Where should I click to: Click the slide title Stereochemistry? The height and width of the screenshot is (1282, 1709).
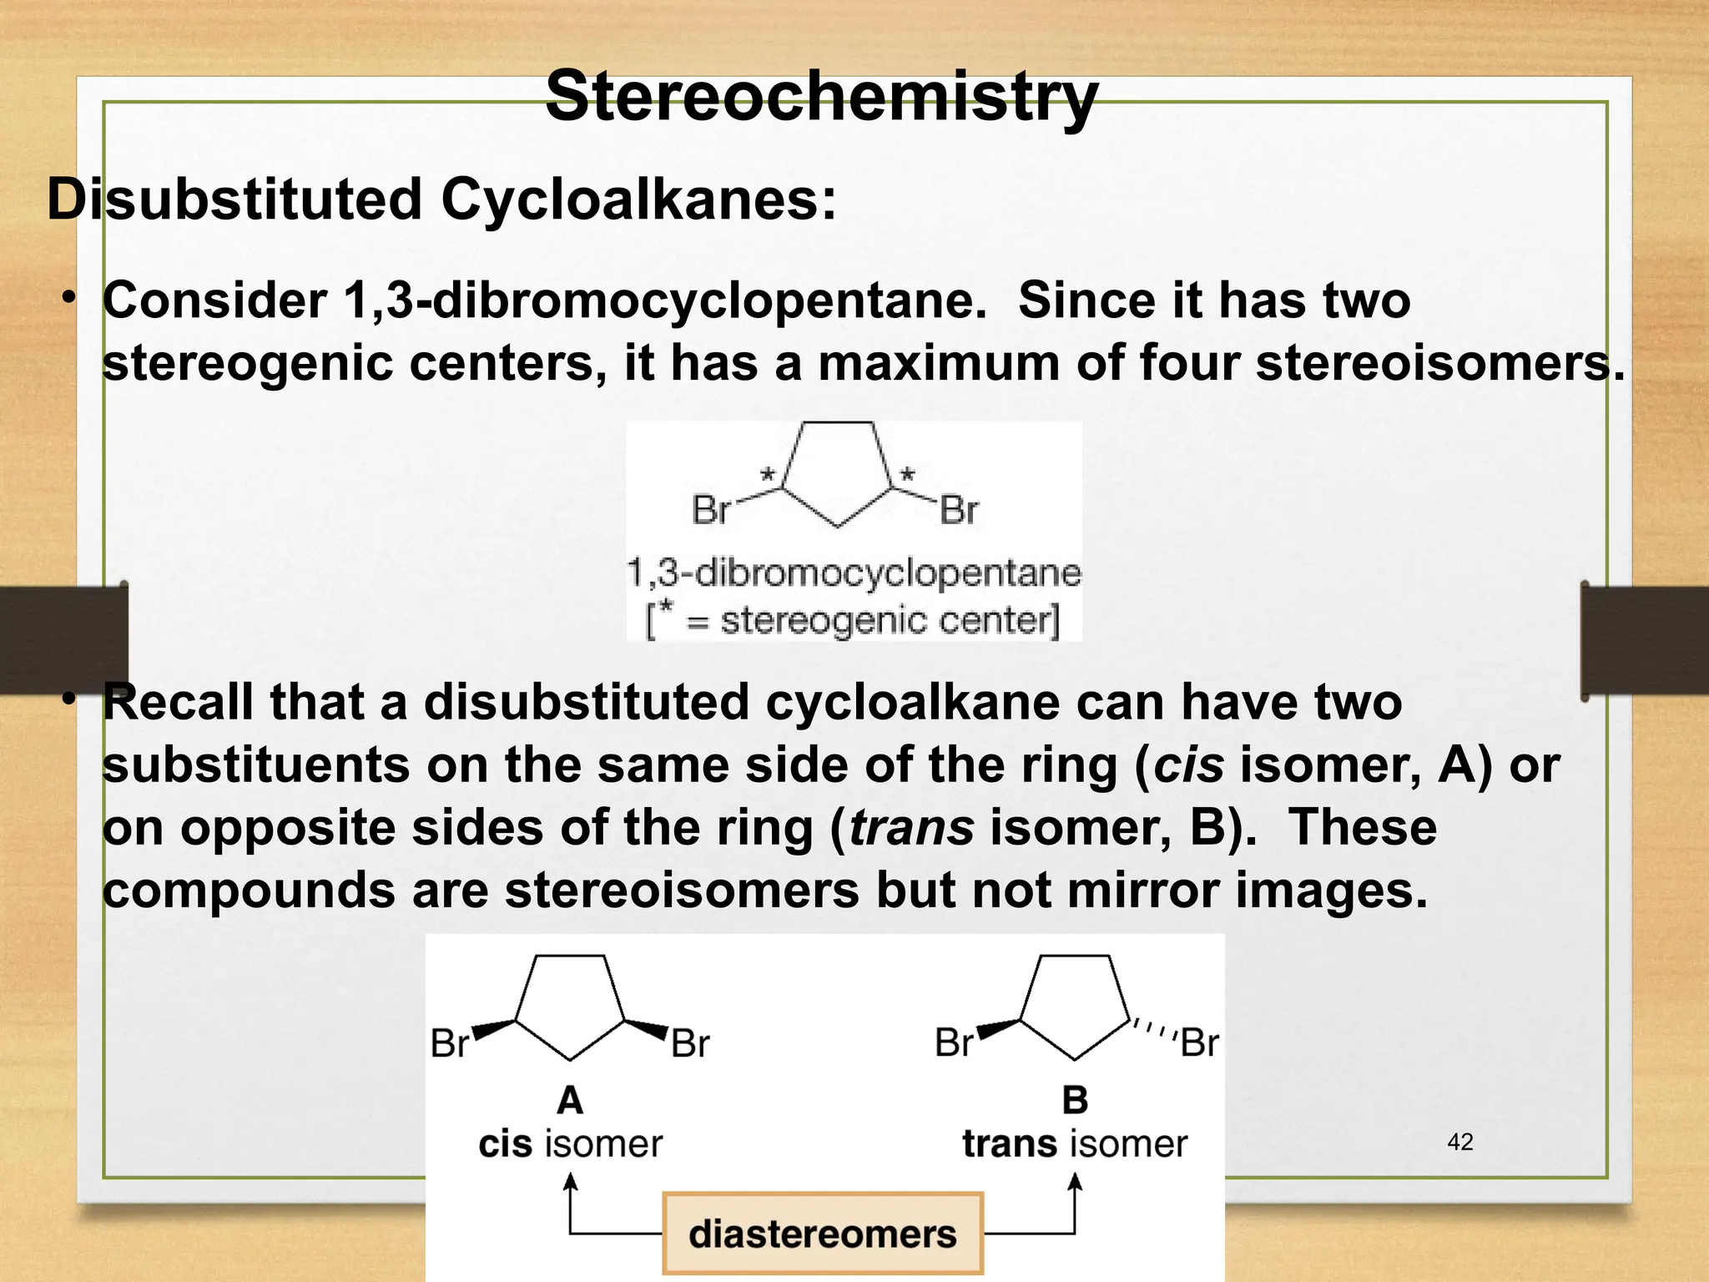[x=821, y=97]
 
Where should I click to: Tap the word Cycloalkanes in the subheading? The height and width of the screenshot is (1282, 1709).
[x=638, y=200]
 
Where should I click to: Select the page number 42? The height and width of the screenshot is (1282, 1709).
[x=1459, y=1142]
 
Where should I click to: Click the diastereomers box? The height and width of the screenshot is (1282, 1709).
[x=823, y=1234]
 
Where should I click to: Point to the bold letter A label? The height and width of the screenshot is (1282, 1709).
[x=570, y=1100]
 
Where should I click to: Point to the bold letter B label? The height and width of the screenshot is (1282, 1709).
[x=1075, y=1100]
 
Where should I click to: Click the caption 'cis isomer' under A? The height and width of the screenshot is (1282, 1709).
[x=570, y=1143]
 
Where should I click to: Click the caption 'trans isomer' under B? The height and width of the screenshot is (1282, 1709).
[x=1075, y=1143]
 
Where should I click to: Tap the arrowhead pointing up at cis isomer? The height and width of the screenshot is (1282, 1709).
[x=570, y=1182]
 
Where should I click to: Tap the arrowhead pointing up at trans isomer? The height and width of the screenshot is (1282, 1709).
[x=1075, y=1182]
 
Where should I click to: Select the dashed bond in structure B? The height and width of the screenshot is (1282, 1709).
[x=1153, y=1030]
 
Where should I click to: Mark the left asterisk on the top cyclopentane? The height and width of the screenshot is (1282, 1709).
[x=768, y=476]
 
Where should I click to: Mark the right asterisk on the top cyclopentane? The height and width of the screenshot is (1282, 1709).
[x=907, y=476]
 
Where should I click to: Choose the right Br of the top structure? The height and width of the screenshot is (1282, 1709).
[x=959, y=510]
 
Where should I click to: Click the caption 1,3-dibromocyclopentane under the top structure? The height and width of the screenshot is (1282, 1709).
[x=854, y=573]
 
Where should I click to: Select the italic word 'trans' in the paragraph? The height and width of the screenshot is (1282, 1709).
[x=911, y=828]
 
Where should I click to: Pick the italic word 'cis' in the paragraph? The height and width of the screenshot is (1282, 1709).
[x=1189, y=765]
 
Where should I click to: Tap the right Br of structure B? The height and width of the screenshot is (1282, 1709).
[x=1200, y=1043]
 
